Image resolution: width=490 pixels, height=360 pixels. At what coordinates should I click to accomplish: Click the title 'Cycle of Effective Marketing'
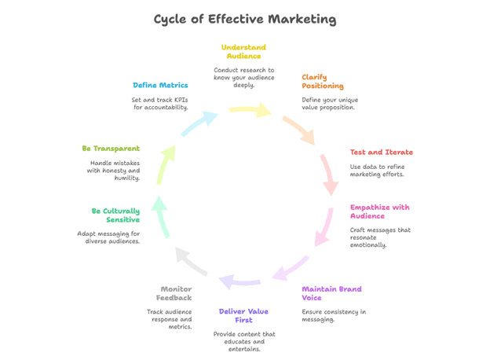point(245,19)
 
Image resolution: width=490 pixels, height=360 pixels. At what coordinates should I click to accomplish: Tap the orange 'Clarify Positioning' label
point(323,81)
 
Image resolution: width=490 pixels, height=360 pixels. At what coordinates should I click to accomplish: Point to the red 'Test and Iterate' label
point(381,152)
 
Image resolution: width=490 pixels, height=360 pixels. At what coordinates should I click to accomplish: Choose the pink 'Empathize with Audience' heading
point(379,211)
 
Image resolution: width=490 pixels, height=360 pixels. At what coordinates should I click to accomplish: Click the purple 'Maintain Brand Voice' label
point(331,293)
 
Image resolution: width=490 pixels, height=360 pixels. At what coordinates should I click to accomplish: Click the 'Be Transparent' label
point(111,148)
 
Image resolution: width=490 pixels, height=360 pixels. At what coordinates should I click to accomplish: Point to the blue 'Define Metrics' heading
point(159,83)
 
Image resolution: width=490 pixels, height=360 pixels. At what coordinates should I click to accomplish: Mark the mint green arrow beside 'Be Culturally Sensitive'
point(161,214)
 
